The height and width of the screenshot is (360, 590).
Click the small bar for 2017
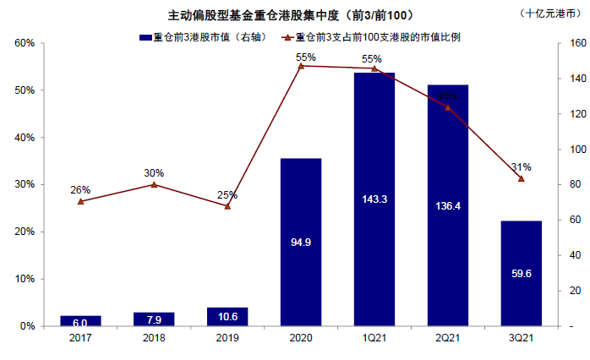[x=80, y=321]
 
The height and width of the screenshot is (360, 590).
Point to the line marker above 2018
[x=153, y=184]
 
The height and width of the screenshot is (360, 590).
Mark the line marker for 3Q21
[x=522, y=179]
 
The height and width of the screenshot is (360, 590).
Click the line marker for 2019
[x=227, y=206]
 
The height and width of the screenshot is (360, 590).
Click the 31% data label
[x=522, y=166]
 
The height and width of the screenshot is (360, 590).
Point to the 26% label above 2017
[x=80, y=190]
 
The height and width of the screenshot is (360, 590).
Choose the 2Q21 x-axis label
[x=448, y=337]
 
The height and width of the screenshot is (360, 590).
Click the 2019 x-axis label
[x=227, y=337]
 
